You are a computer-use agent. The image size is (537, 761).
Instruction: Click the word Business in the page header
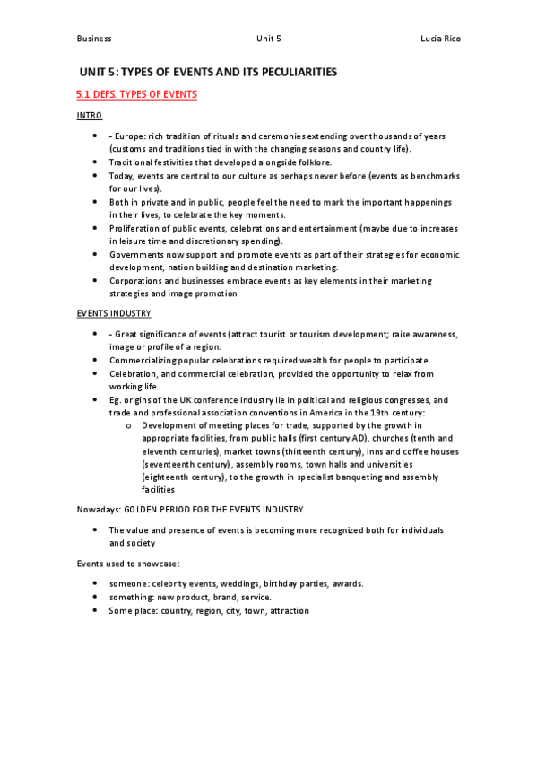pyautogui.click(x=94, y=39)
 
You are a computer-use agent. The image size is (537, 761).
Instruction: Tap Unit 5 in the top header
pyautogui.click(x=268, y=39)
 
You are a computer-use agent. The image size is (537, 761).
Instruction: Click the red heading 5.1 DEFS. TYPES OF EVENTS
pyautogui.click(x=136, y=94)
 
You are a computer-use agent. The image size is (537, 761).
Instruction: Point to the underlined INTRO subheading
pyautogui.click(x=90, y=116)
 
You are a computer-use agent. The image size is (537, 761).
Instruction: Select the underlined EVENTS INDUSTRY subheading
pyautogui.click(x=114, y=312)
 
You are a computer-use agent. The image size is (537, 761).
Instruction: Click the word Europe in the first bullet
pyautogui.click(x=129, y=136)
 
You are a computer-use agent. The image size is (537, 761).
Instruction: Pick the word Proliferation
pyautogui.click(x=135, y=229)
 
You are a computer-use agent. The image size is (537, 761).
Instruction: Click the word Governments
pyautogui.click(x=139, y=255)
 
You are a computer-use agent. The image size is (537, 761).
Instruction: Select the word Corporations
pyautogui.click(x=138, y=281)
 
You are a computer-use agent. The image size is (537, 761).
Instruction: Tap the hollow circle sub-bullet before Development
pyautogui.click(x=130, y=424)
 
